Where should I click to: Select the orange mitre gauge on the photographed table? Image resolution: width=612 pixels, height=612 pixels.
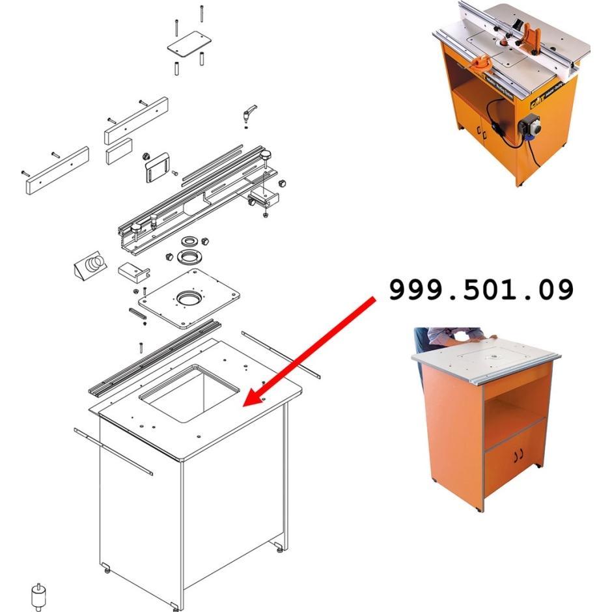(482, 64)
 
